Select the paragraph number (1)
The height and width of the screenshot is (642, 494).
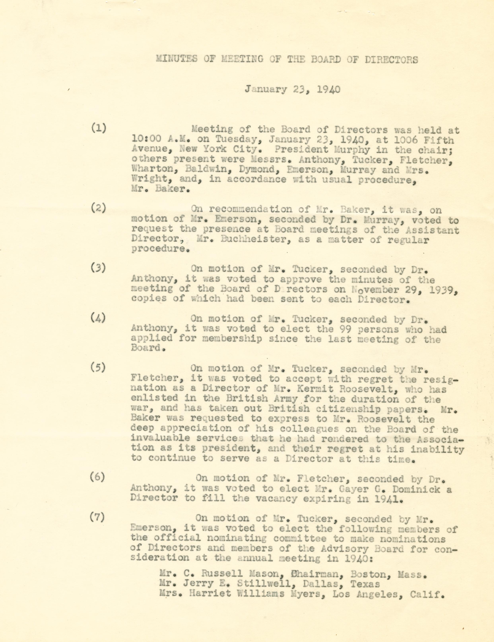[x=99, y=129]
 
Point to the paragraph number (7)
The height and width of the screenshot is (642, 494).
[x=97, y=518]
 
